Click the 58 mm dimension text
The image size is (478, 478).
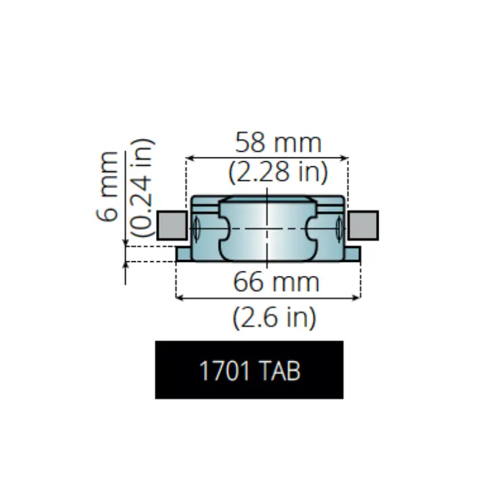point(279,143)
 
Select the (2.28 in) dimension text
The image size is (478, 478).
point(278,172)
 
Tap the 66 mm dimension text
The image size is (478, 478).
point(276,282)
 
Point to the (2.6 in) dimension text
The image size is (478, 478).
point(274,317)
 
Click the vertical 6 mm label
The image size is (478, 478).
point(107,186)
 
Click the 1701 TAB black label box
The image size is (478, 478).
point(249,370)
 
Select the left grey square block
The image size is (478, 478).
point(172,225)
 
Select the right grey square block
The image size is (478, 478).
point(363,225)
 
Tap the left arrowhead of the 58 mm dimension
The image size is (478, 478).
point(189,158)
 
